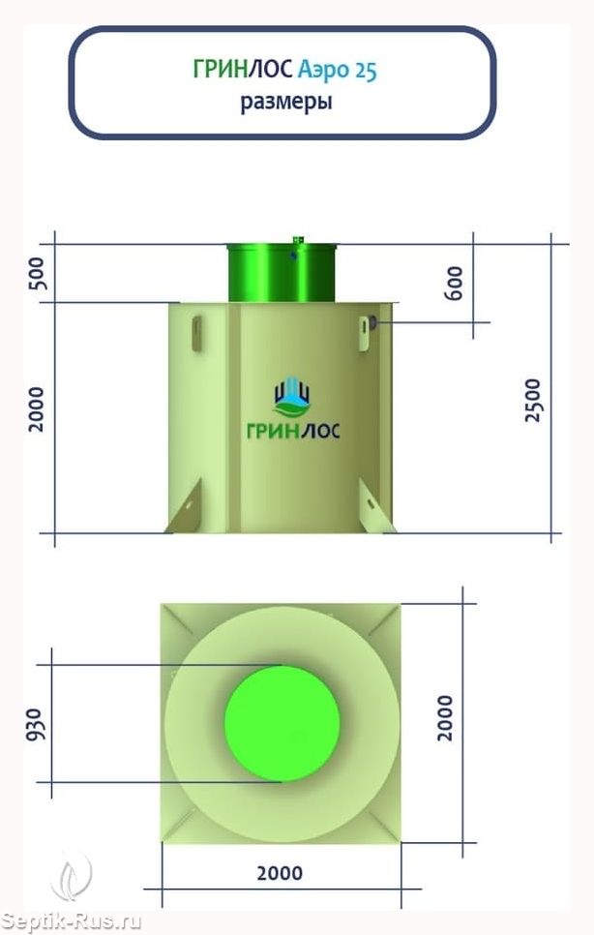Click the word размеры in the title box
click(x=286, y=102)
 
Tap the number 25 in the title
click(x=366, y=70)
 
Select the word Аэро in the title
click(x=323, y=71)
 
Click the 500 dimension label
click(x=37, y=274)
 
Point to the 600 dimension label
click(x=454, y=284)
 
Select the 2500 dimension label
click(x=532, y=400)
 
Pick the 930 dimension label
click(x=34, y=725)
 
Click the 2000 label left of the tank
click(x=37, y=409)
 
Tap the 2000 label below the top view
click(x=280, y=874)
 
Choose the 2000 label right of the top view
click(x=445, y=718)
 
